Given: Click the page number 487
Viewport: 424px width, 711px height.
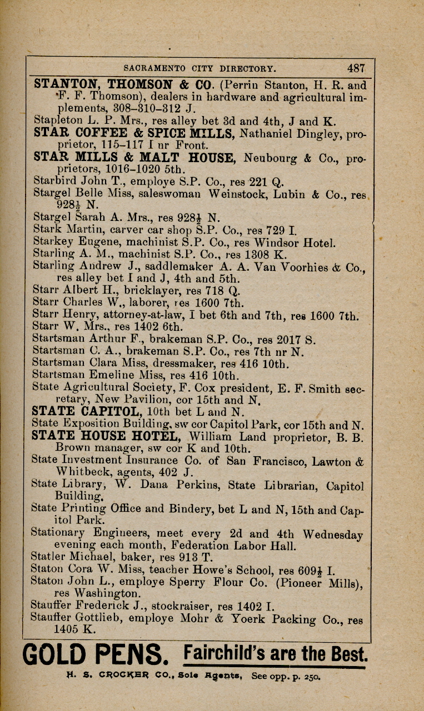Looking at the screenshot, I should pos(356,68).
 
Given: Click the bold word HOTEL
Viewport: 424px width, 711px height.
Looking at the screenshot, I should pos(156,436).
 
